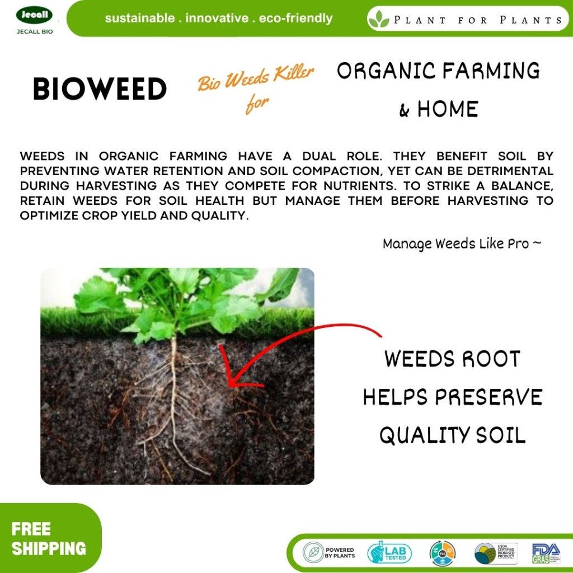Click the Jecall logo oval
click(34, 15)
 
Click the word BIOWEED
click(100, 90)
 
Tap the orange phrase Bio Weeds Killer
click(256, 79)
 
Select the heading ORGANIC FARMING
click(438, 71)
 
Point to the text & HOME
click(439, 109)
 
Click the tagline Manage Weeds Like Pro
click(462, 244)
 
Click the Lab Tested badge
click(389, 553)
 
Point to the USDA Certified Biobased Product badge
click(495, 553)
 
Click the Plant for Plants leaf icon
click(379, 20)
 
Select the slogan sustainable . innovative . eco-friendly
click(218, 18)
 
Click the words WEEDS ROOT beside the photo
click(452, 359)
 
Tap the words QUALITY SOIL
click(452, 435)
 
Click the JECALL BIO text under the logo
click(35, 32)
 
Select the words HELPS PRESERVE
click(452, 397)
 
